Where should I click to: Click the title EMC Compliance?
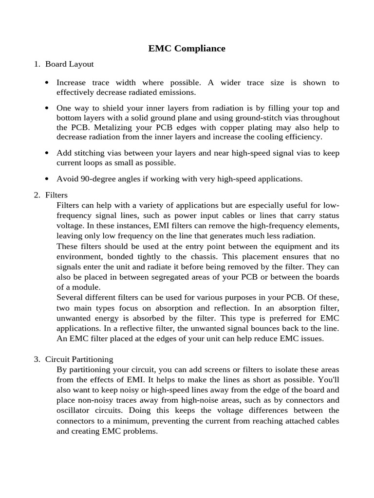187,49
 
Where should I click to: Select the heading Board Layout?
69,64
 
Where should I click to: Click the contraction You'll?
329,380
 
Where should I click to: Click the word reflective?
140,328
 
